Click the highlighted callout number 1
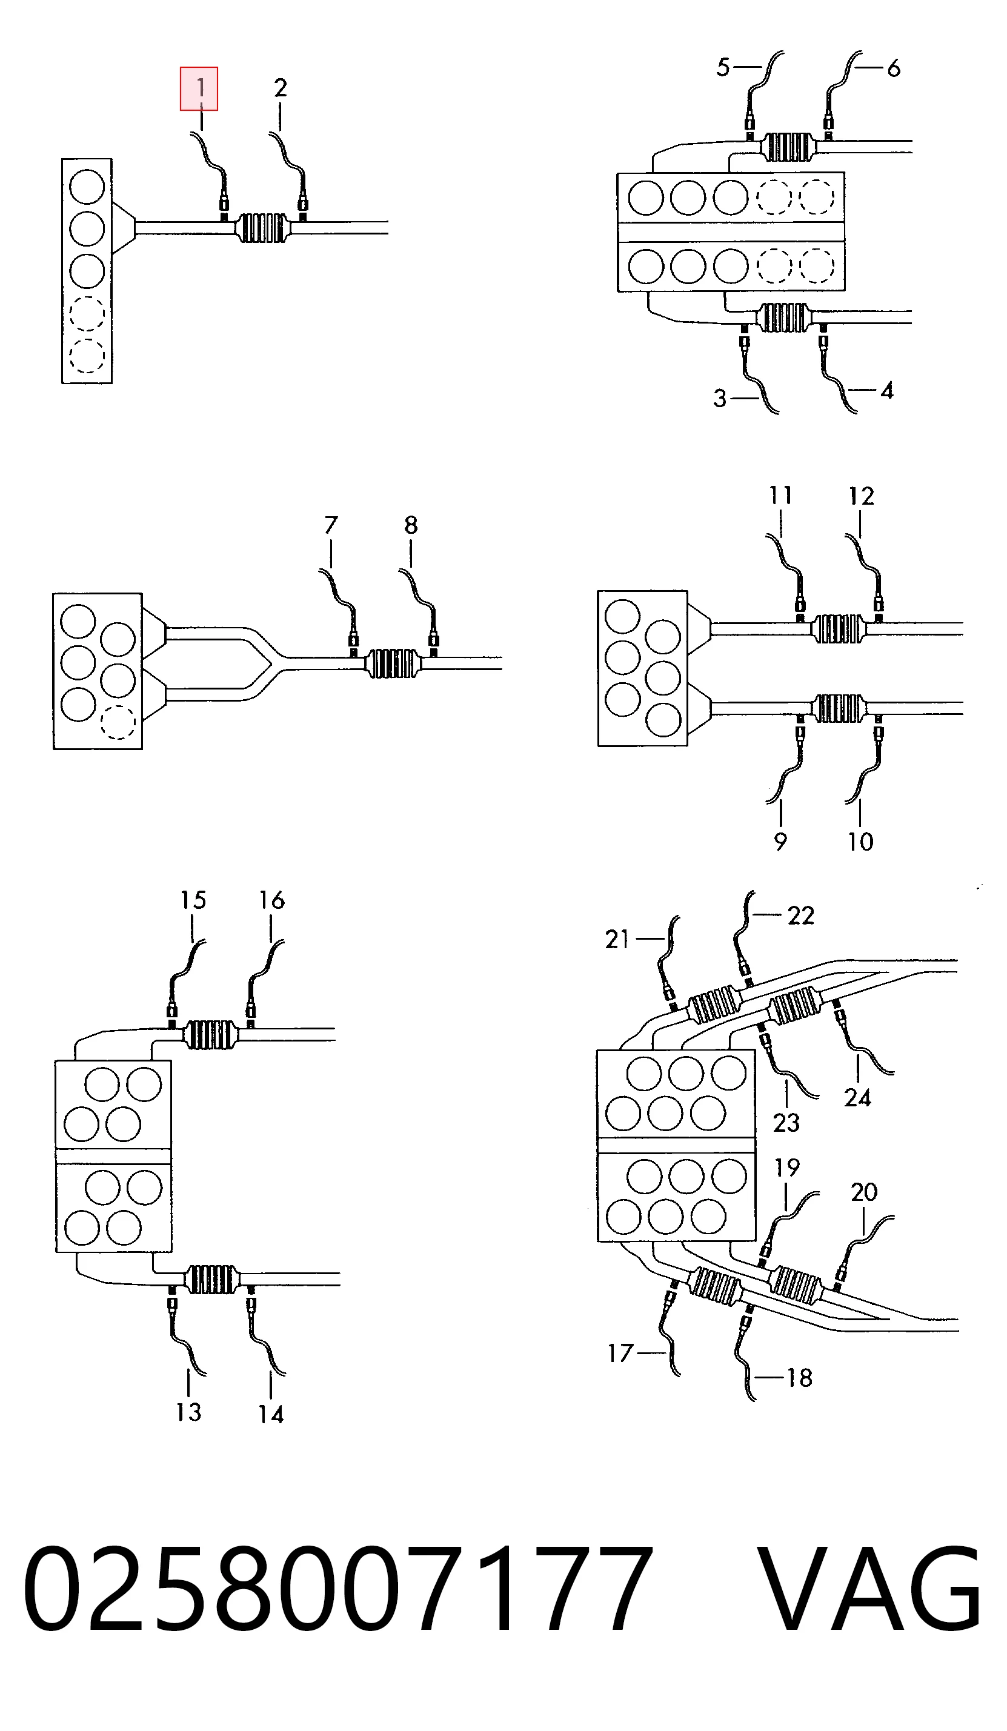point(199,88)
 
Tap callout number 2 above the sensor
point(281,88)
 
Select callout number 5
point(723,67)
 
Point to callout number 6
point(893,68)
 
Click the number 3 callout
point(720,399)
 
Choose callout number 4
point(887,391)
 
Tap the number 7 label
point(331,525)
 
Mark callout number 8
point(411,525)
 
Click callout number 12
point(862,496)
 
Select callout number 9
point(780,842)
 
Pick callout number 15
point(193,900)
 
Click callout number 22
point(801,915)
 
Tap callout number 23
point(786,1123)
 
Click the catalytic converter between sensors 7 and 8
point(393,663)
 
